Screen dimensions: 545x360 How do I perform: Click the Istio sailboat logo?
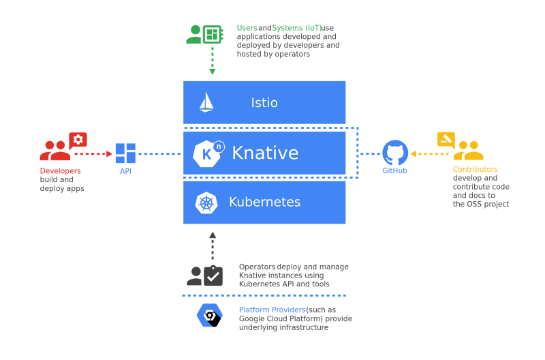tap(206, 102)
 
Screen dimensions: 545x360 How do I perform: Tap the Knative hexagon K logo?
tap(208, 153)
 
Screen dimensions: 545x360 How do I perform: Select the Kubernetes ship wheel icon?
tap(206, 202)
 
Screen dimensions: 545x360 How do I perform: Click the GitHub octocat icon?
tap(395, 153)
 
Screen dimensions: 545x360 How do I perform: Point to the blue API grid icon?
tap(125, 153)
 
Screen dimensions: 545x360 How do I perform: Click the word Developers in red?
tap(60, 170)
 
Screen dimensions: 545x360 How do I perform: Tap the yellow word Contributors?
tap(475, 169)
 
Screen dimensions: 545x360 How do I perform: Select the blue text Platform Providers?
tap(272, 310)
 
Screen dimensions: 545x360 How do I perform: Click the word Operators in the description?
tap(258, 267)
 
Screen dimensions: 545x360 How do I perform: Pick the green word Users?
tap(247, 28)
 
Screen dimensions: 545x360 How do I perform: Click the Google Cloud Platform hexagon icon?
tap(210, 315)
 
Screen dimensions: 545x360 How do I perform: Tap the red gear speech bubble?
tap(78, 140)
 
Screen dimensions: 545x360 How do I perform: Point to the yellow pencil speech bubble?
tap(446, 140)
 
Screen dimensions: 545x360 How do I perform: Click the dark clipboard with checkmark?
tap(213, 276)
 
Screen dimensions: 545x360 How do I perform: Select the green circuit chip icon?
tap(213, 34)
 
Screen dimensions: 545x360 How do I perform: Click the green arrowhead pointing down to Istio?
tap(213, 72)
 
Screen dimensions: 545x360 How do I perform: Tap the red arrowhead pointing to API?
tap(109, 153)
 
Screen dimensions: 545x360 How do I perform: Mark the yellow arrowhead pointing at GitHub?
tap(414, 153)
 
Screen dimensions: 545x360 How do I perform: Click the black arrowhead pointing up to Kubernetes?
tap(213, 235)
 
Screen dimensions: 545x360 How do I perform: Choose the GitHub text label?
tap(394, 170)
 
